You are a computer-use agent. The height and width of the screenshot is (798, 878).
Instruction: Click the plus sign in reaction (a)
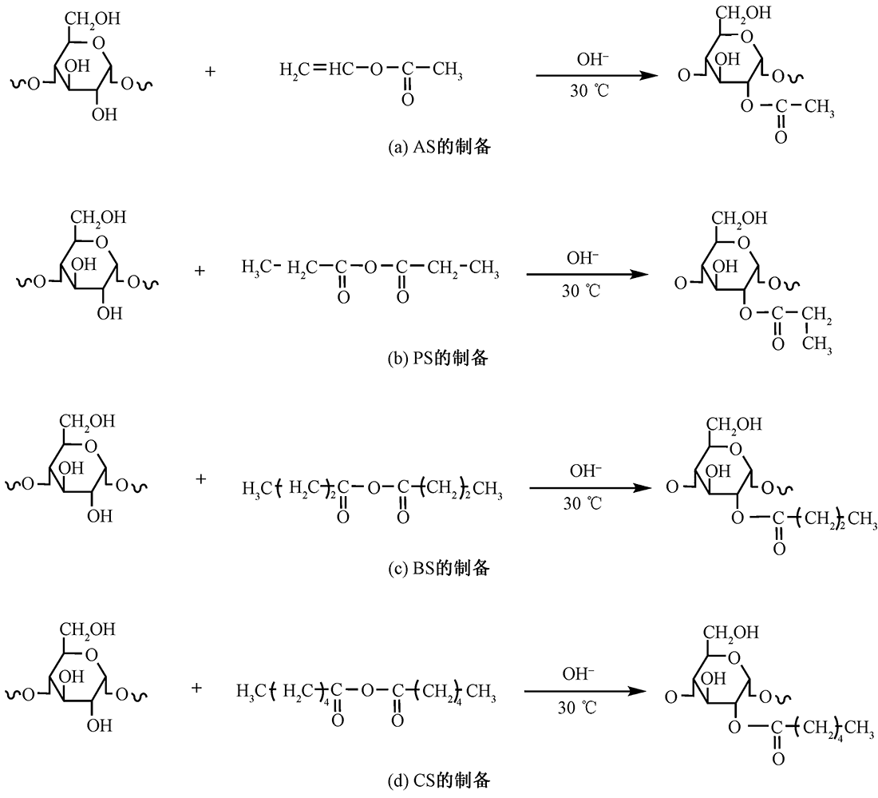coord(210,71)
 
